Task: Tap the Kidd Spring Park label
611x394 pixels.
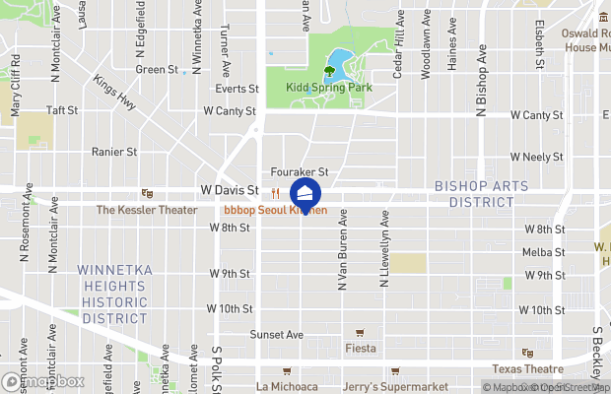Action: pyautogui.click(x=328, y=88)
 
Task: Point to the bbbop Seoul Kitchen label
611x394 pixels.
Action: pyautogui.click(x=275, y=210)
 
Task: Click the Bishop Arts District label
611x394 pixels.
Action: pyautogui.click(x=474, y=194)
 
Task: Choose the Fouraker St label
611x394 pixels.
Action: pyautogui.click(x=299, y=172)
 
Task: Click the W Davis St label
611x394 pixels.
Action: pyautogui.click(x=229, y=189)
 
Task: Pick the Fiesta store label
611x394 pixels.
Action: pyautogui.click(x=359, y=347)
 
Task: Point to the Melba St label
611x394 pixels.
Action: pyautogui.click(x=546, y=252)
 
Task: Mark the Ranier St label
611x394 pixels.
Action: pyautogui.click(x=113, y=152)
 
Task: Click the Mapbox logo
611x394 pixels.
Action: pyautogui.click(x=42, y=381)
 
